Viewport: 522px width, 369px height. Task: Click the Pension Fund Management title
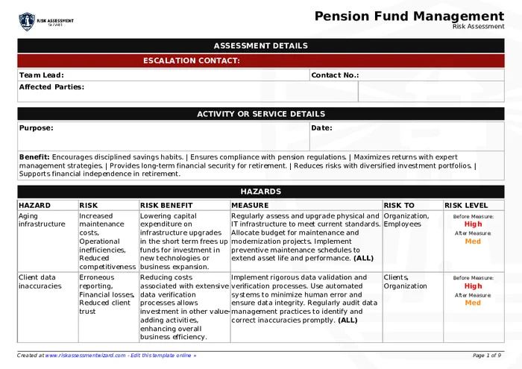409,16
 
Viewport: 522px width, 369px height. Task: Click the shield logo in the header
27,20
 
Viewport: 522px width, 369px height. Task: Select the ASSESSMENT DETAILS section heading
260,45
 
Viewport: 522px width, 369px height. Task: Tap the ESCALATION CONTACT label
191,60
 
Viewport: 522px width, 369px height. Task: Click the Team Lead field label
41,75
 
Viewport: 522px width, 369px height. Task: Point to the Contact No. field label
335,75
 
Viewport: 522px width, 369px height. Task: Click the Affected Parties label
51,86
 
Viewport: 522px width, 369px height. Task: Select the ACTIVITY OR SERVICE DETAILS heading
260,114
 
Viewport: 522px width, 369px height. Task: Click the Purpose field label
36,127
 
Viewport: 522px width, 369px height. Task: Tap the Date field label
321,127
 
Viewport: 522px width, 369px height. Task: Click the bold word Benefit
34,157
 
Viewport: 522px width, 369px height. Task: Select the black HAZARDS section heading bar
260,192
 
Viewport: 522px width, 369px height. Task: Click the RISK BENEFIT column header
166,205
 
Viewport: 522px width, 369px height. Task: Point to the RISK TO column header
399,205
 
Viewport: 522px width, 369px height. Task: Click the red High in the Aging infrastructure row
473,224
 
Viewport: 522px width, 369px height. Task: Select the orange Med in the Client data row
473,303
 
